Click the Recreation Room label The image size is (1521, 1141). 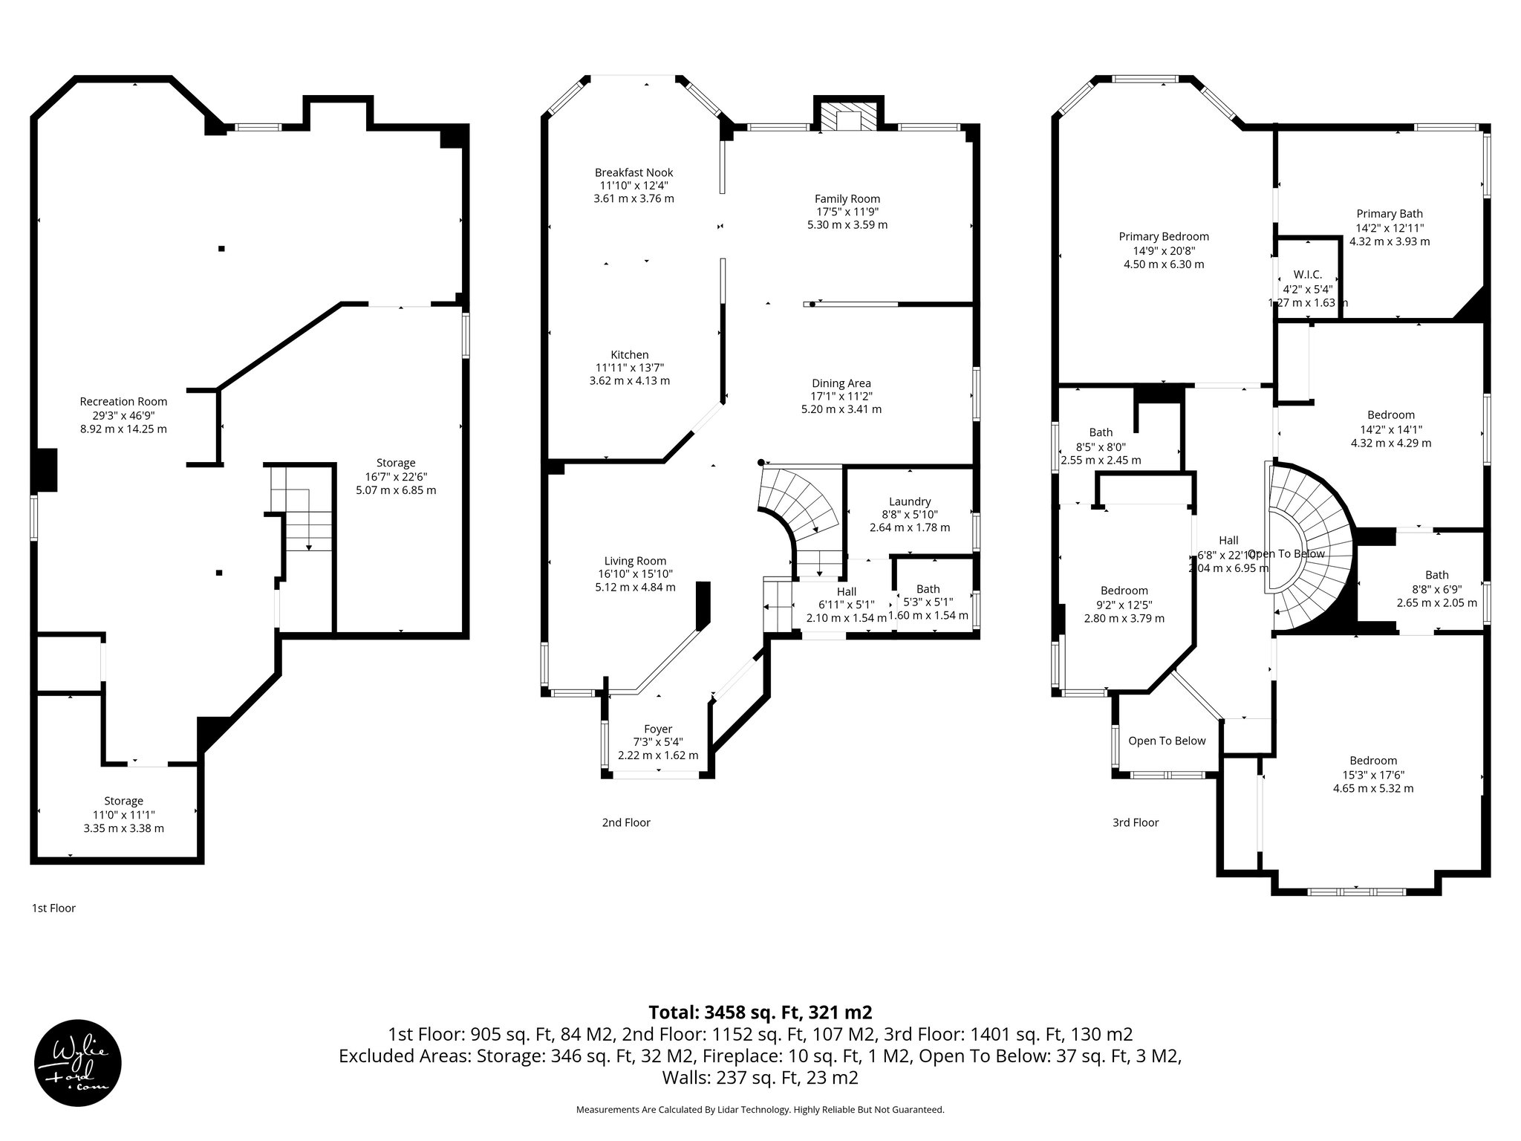[x=123, y=402]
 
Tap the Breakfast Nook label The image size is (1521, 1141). [x=634, y=172]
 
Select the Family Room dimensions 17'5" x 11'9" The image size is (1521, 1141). [x=847, y=212]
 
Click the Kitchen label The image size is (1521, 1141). [x=629, y=355]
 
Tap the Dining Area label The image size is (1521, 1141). [x=841, y=383]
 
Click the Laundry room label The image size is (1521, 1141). [x=909, y=501]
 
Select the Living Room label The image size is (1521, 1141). [x=635, y=561]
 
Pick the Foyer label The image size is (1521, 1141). [x=657, y=729]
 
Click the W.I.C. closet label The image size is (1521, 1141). [x=1307, y=275]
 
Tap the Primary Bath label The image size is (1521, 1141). [x=1389, y=214]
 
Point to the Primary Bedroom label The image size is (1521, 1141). [x=1163, y=236]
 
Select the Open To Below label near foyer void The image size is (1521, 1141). [x=1166, y=741]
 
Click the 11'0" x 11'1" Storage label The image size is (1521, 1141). [x=123, y=814]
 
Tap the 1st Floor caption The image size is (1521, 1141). [x=53, y=908]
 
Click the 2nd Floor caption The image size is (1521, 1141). [x=625, y=822]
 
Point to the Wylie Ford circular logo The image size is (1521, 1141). [x=78, y=1063]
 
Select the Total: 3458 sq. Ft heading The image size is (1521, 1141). [x=760, y=1012]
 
